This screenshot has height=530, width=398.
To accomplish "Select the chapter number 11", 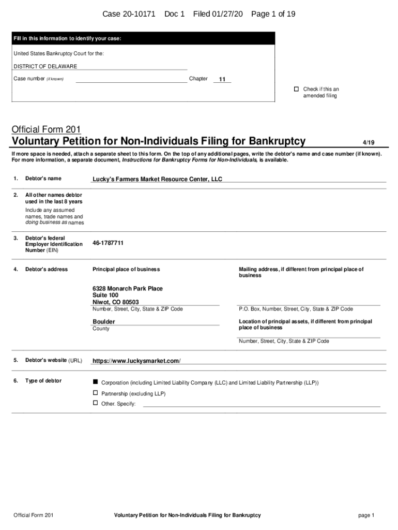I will [x=222, y=80].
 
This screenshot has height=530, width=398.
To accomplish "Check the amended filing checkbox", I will [x=297, y=89].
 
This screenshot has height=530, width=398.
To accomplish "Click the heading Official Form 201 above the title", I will [x=47, y=129].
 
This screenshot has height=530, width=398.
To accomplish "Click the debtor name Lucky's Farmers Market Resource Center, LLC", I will [x=157, y=180].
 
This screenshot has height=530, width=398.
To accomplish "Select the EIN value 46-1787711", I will [x=108, y=243].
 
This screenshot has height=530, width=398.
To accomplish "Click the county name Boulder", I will [x=104, y=321].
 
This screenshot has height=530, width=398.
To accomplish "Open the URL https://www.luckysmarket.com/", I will [x=136, y=361].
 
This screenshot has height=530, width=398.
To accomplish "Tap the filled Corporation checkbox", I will [x=95, y=381].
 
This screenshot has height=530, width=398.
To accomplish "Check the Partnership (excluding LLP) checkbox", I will [x=95, y=393].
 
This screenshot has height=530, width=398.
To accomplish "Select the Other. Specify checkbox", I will [x=95, y=403].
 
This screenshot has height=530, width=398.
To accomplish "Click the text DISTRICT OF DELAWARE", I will [x=45, y=66].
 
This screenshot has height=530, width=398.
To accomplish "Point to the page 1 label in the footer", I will [x=366, y=515].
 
